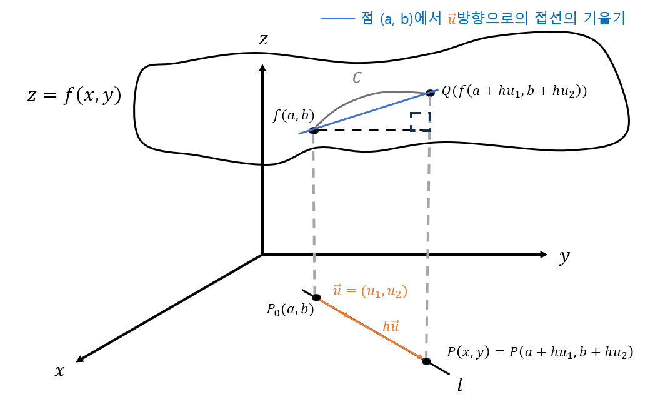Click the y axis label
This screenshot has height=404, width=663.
564,256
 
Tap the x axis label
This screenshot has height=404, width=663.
60,371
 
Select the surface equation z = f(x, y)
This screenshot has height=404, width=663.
74,95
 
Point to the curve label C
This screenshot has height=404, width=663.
357,78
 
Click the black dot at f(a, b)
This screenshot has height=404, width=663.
314,130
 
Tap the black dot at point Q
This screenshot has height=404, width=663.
430,93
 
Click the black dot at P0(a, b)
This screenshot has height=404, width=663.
316,298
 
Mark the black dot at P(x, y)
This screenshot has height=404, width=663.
426,361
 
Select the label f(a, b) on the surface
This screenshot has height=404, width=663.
293,116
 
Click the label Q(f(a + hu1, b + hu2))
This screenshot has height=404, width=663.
514,91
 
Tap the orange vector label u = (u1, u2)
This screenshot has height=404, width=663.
370,291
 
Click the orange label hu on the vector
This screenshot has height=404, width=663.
391,326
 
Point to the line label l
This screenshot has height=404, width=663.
461,385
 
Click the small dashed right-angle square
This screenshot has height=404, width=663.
420,121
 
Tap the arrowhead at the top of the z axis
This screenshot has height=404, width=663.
263,68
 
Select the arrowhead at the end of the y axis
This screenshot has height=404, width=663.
543,255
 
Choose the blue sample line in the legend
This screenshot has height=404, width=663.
337,19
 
